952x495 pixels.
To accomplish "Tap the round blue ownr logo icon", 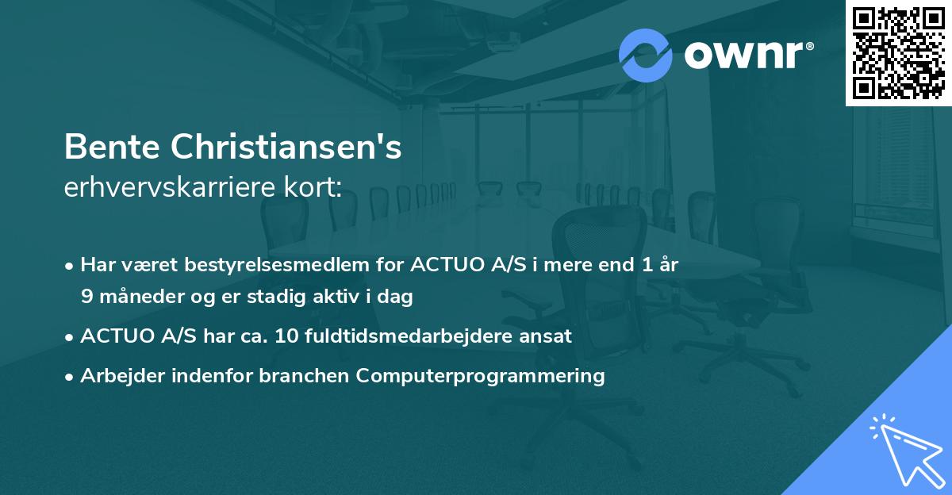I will [x=645, y=56].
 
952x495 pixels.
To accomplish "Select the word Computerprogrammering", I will [x=481, y=375].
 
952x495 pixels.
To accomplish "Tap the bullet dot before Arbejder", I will [x=71, y=377].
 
